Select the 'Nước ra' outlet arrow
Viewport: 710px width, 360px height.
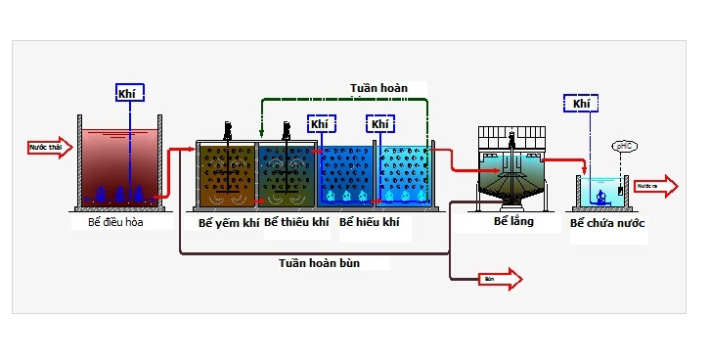click(x=653, y=185)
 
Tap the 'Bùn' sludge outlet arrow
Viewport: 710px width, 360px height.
click(x=498, y=280)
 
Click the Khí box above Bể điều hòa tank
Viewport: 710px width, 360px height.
click(x=129, y=93)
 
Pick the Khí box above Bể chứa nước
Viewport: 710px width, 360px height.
click(x=581, y=103)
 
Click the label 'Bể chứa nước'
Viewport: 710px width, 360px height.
click(x=608, y=224)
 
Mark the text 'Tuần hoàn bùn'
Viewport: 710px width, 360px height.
click(x=319, y=262)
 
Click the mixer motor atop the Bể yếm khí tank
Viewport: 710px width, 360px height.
click(x=228, y=129)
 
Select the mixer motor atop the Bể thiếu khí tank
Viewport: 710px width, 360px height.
click(x=288, y=129)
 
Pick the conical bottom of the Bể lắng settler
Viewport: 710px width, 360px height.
click(x=511, y=195)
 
